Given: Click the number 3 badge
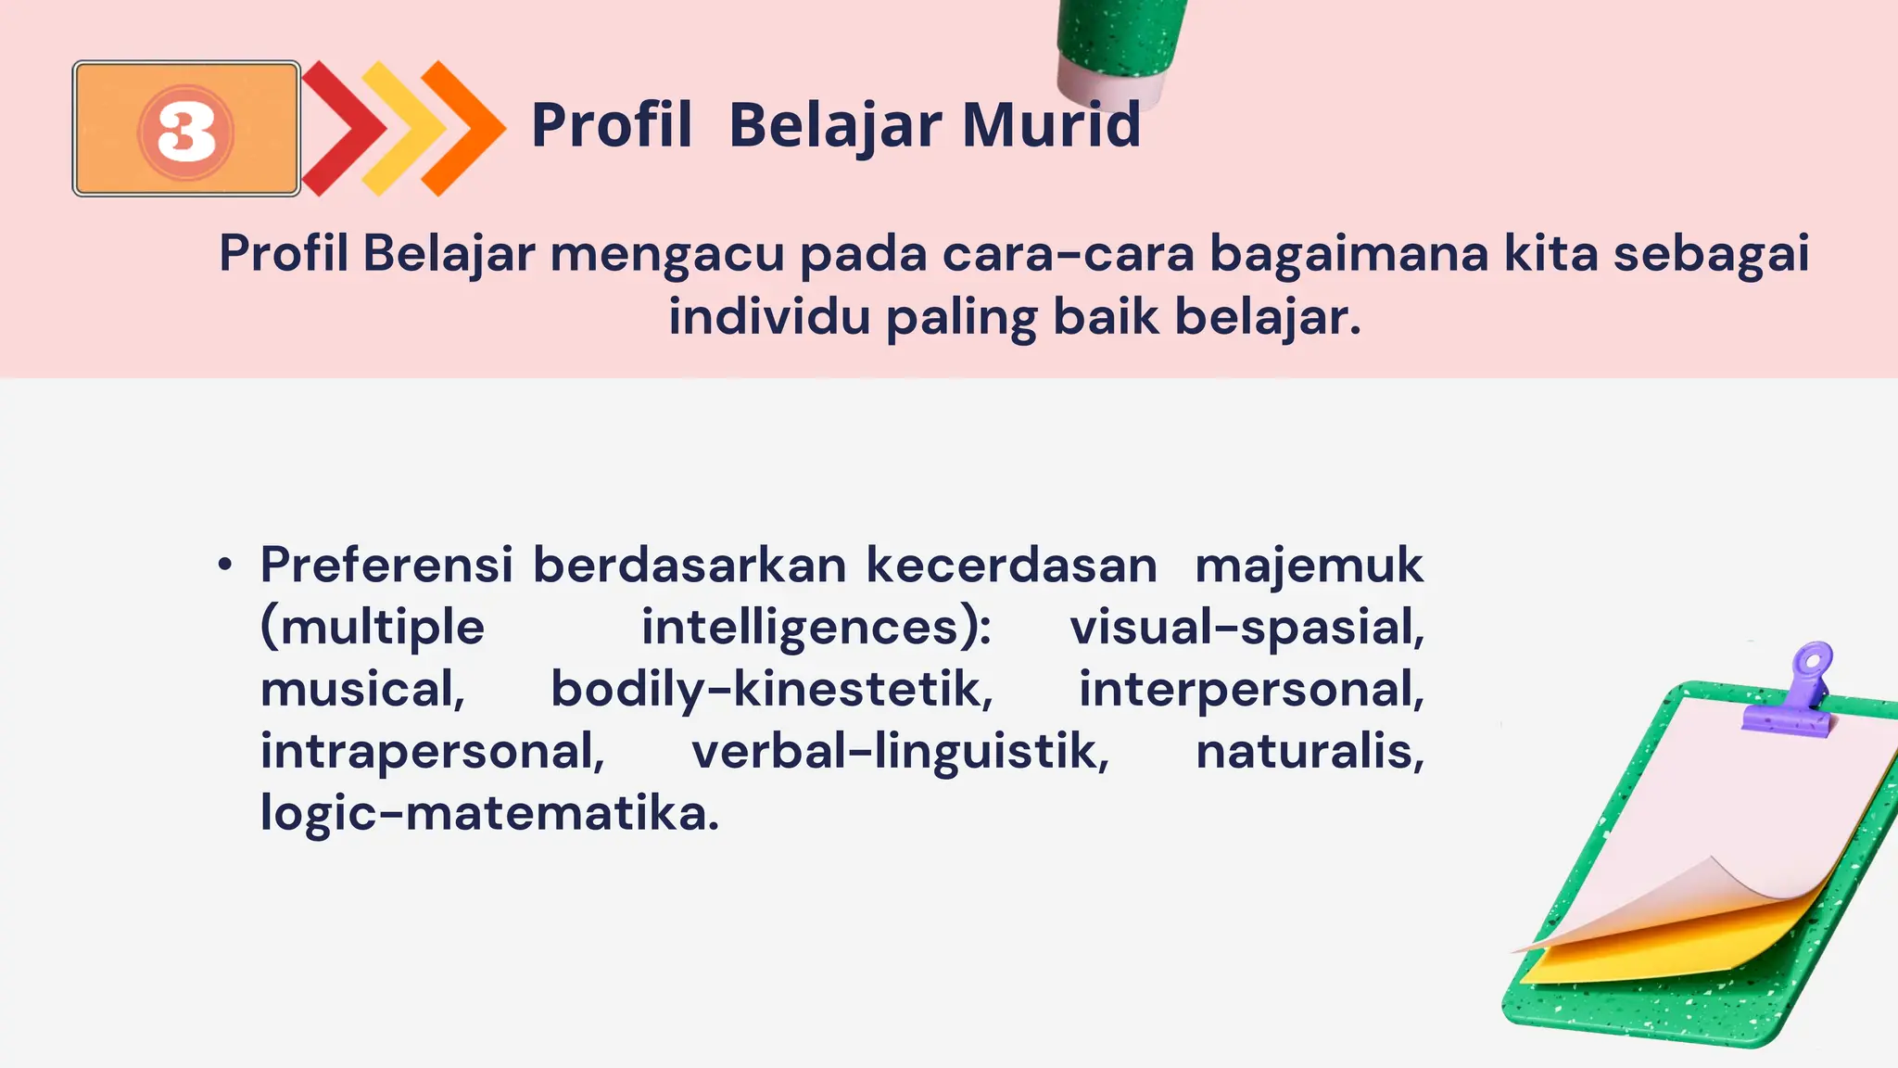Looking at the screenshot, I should [x=186, y=130].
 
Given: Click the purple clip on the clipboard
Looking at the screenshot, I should [x=1791, y=691].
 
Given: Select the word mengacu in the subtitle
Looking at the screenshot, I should [x=667, y=254].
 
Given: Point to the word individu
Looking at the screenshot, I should [x=769, y=317].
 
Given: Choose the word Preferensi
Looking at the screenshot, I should [x=386, y=565].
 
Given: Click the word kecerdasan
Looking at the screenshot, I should [x=1011, y=565].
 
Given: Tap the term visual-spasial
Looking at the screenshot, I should [x=1246, y=628].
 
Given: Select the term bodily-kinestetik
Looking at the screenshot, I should [x=771, y=690].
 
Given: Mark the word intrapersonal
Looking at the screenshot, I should [x=432, y=751].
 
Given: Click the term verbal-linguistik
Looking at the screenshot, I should [x=900, y=751].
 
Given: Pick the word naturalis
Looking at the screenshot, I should [x=1310, y=751].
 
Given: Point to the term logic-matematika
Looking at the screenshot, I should [x=489, y=813].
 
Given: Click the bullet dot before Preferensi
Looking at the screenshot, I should [x=225, y=565].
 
